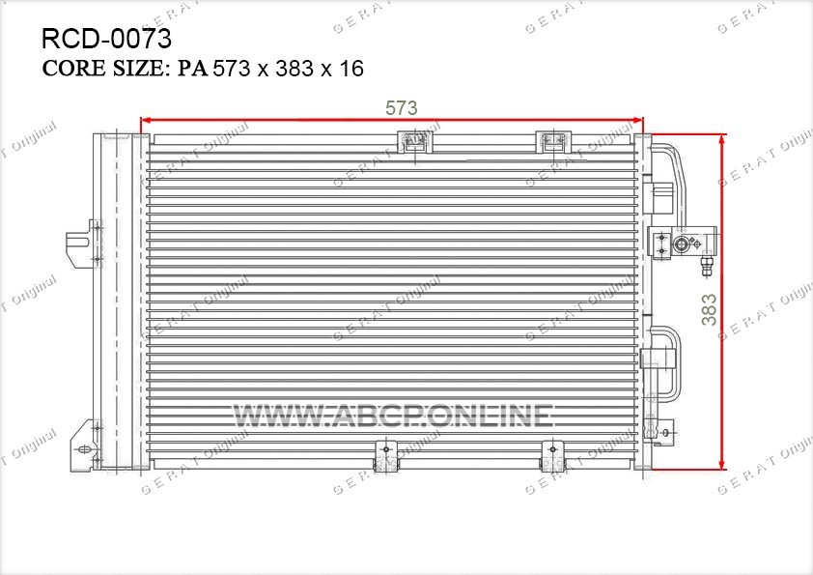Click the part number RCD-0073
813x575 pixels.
106,39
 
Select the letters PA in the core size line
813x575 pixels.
193,69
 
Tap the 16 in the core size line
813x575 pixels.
351,69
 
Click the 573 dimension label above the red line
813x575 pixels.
402,108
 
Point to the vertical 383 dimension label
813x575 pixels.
709,310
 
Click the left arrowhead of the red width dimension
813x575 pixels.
146,121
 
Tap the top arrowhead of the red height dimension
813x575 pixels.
721,139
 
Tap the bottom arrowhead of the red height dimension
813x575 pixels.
721,464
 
